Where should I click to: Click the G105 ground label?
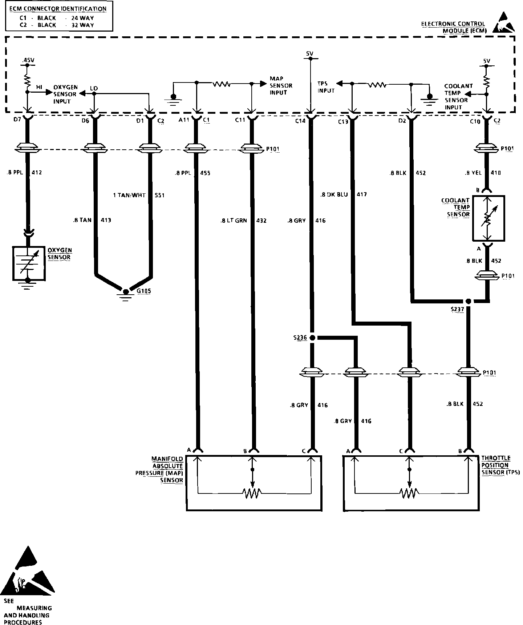pyautogui.click(x=145, y=291)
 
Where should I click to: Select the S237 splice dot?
pyautogui.click(x=468, y=301)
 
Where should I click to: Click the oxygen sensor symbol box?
pyautogui.click(x=29, y=263)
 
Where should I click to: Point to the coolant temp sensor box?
pyautogui.click(x=488, y=218)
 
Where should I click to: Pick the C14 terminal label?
pyautogui.click(x=300, y=121)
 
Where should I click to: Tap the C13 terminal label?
pyautogui.click(x=343, y=122)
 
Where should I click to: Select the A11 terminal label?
pyautogui.click(x=184, y=120)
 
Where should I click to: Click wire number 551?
pyautogui.click(x=159, y=195)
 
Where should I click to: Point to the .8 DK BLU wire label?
pyautogui.click(x=334, y=194)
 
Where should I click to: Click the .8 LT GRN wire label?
pyautogui.click(x=234, y=220)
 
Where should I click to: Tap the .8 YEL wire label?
pyautogui.click(x=473, y=173)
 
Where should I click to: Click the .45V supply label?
pyautogui.click(x=27, y=60)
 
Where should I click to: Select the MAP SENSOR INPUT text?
pyautogui.click(x=281, y=85)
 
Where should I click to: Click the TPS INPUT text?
pyautogui.click(x=326, y=87)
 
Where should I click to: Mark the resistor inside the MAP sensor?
pyautogui.click(x=252, y=493)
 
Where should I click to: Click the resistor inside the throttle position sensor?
pyautogui.click(x=409, y=493)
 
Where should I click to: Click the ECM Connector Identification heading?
pyautogui.click(x=58, y=9)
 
